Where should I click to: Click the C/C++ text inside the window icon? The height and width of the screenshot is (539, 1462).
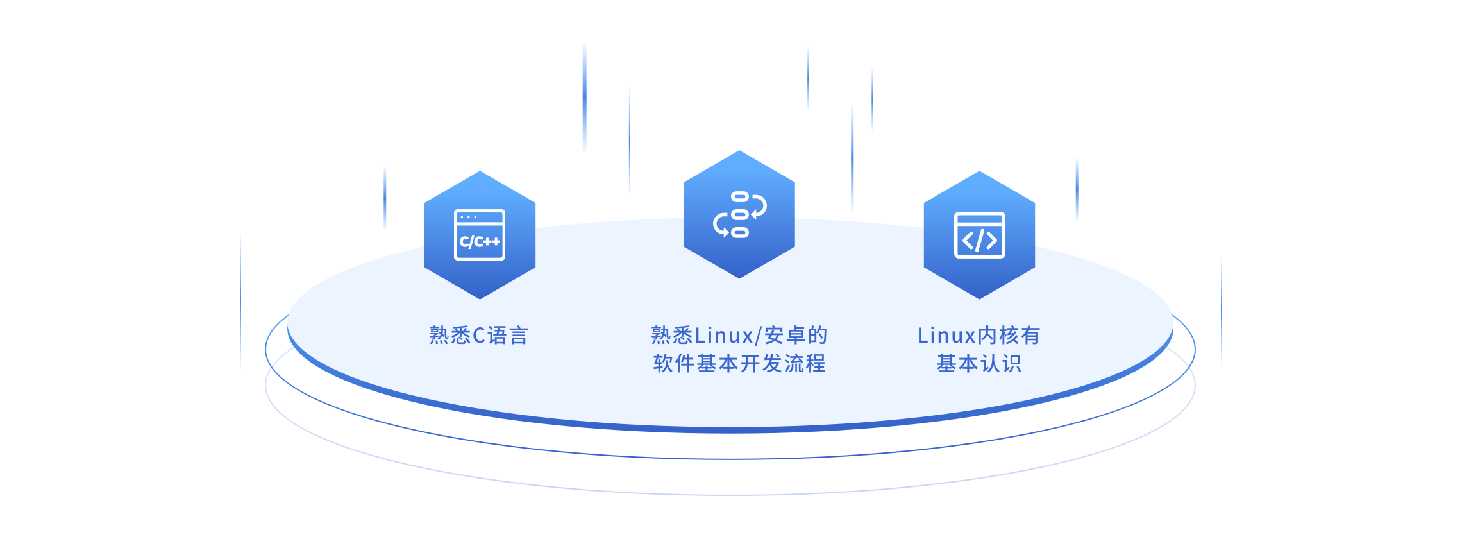tap(480, 242)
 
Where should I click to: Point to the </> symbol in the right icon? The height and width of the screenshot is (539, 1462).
tap(979, 241)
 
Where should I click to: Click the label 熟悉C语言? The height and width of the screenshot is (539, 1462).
tap(478, 335)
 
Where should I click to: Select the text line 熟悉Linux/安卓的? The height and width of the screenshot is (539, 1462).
tap(739, 335)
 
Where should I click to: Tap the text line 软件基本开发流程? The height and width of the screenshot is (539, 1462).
tap(739, 364)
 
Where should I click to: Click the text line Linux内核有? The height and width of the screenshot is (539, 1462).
tap(979, 335)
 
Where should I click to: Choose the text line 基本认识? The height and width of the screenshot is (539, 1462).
tap(979, 364)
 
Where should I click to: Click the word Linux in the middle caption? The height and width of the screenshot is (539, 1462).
tap(724, 335)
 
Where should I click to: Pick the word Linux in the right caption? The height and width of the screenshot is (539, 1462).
tap(946, 335)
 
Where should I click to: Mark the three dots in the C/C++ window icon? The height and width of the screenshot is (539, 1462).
tap(468, 218)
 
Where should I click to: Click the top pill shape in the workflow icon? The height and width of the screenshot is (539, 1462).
tap(740, 196)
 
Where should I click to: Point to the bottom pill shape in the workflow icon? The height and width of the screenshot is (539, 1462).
tap(740, 233)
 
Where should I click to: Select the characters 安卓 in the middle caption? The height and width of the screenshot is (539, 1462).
tap(786, 335)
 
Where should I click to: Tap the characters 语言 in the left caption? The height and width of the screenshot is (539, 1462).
tap(508, 335)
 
